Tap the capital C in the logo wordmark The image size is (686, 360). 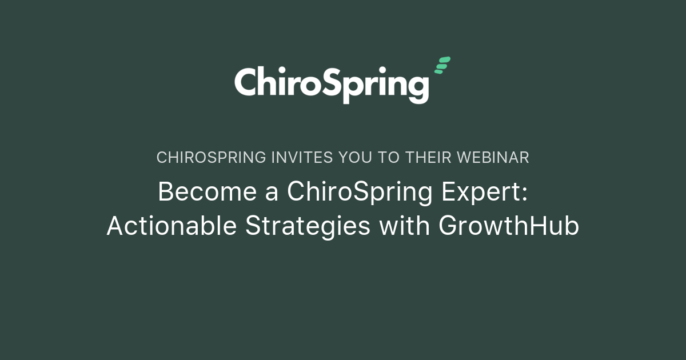(x=248, y=82)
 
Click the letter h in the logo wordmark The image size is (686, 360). (x=271, y=81)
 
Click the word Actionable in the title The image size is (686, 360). (x=171, y=226)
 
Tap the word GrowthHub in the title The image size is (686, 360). (x=509, y=226)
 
